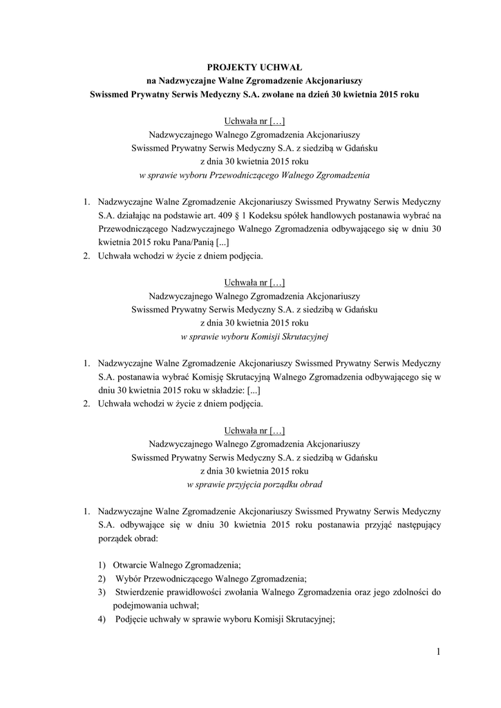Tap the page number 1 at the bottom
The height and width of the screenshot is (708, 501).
click(x=438, y=651)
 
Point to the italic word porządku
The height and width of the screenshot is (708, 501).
click(x=276, y=485)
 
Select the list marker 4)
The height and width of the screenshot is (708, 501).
click(x=102, y=619)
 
